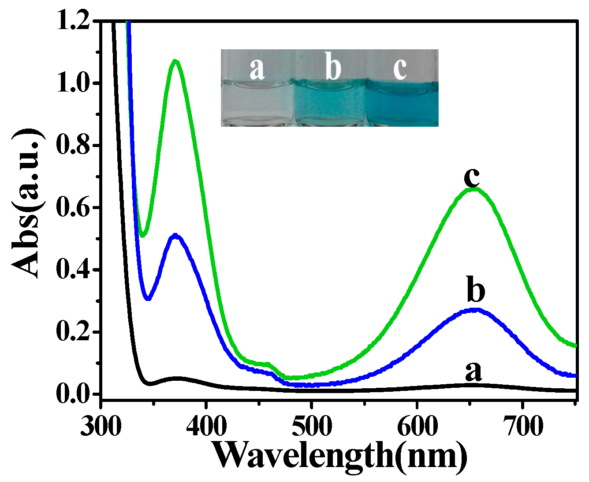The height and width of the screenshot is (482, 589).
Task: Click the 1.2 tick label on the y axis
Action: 73,22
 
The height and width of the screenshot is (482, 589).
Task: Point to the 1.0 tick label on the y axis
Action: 73,83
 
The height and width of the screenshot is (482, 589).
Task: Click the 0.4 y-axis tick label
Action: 73,269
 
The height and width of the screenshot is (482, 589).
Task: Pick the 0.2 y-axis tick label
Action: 73,331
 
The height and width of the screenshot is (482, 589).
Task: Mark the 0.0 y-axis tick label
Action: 73,393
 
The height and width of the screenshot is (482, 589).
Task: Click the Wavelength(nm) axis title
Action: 339,456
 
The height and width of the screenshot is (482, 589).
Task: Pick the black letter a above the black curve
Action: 473,372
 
